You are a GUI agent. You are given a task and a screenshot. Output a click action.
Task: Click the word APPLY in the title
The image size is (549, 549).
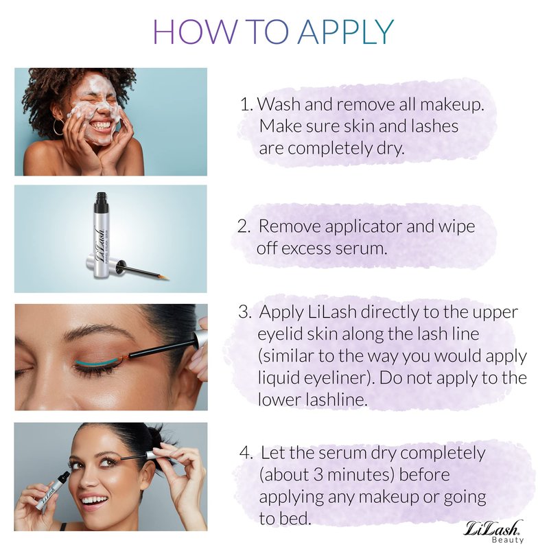(347, 32)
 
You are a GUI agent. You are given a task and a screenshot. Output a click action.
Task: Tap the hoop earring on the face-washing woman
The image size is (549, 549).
(59, 126)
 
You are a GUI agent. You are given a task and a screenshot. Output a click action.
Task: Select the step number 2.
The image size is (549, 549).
(244, 226)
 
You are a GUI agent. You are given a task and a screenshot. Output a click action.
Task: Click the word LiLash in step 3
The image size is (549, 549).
(332, 312)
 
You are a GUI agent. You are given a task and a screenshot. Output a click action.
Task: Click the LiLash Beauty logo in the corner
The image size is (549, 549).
(493, 531)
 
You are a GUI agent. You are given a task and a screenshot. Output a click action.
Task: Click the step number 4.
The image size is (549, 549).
(246, 453)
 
